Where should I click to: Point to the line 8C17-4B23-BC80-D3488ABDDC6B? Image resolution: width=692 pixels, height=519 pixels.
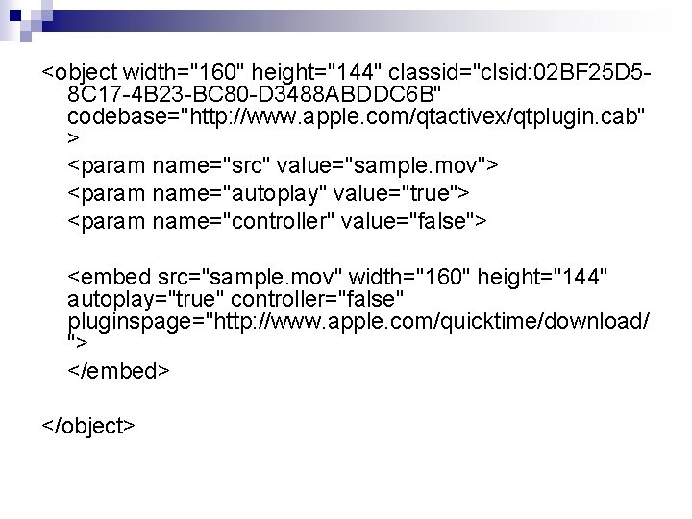[256, 95]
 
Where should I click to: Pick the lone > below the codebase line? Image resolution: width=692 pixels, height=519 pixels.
[74, 138]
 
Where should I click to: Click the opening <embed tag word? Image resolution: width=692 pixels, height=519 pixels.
[111, 278]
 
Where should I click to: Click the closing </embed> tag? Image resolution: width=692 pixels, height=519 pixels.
[119, 369]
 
